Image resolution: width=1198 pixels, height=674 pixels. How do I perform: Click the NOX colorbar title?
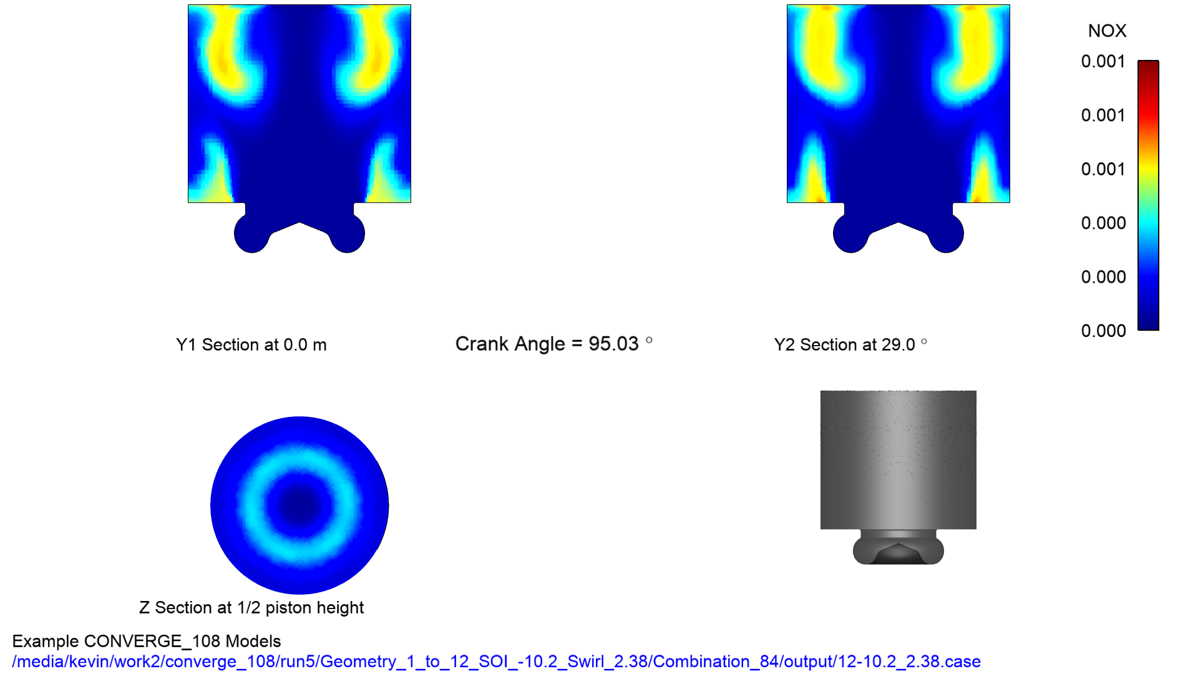point(1107,31)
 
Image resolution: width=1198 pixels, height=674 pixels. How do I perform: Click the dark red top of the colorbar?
point(1148,66)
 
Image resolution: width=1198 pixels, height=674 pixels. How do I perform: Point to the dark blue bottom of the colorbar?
point(1148,322)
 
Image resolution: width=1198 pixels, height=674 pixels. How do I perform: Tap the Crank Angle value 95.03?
point(613,344)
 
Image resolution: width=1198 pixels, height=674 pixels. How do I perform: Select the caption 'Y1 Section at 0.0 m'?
point(251,345)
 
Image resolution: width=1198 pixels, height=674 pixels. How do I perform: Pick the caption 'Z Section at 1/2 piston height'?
point(251,608)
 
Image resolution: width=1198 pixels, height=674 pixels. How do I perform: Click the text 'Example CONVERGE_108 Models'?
point(147,642)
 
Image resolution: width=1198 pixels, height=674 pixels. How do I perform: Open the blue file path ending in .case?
point(496,662)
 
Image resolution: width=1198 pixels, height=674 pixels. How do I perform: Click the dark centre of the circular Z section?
point(299,505)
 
